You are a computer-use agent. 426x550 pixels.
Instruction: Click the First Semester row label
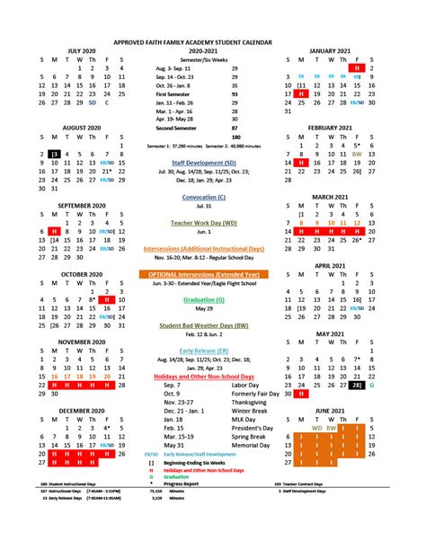173,93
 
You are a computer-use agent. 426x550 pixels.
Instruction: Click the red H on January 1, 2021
358,68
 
